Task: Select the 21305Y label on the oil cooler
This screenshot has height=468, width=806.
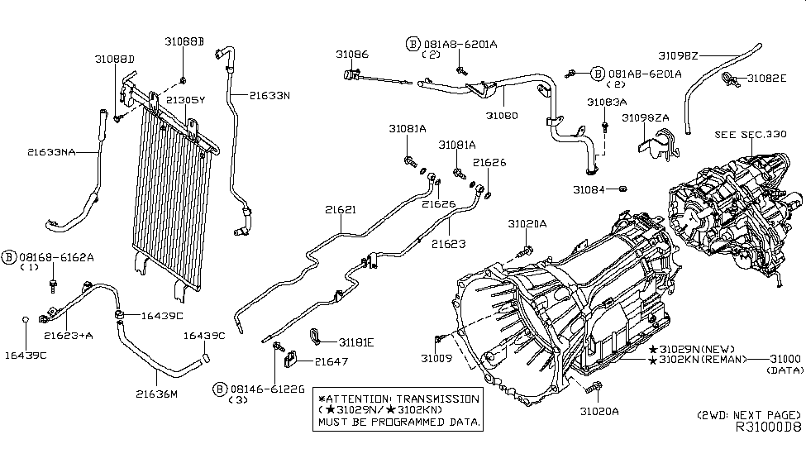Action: coord(186,99)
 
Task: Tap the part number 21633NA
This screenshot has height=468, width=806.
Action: coord(51,152)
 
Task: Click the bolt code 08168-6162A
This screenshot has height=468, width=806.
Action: coord(59,258)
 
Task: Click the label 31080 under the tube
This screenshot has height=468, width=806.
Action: coord(502,116)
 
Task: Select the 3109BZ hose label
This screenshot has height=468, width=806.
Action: coord(678,55)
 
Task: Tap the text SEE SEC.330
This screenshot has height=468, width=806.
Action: coord(751,133)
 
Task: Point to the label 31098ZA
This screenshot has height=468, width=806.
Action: coord(646,118)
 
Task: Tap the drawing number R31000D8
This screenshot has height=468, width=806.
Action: coord(768,428)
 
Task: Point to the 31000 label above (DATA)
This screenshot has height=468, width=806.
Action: coord(785,359)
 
